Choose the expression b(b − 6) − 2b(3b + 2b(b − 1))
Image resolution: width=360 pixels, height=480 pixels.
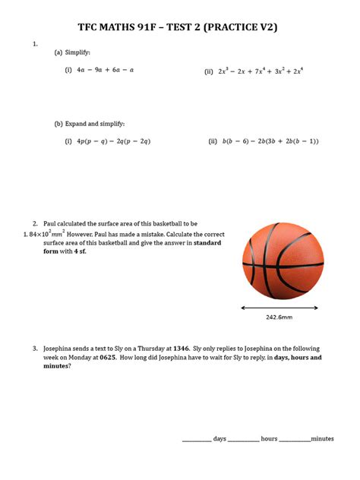tap(270, 141)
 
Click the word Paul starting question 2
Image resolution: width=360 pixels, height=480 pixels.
tap(51, 223)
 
